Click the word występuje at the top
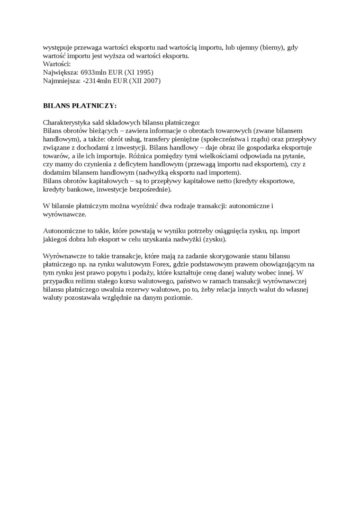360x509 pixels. (58, 48)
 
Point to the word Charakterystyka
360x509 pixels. (67, 122)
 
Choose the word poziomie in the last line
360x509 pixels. (179, 297)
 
